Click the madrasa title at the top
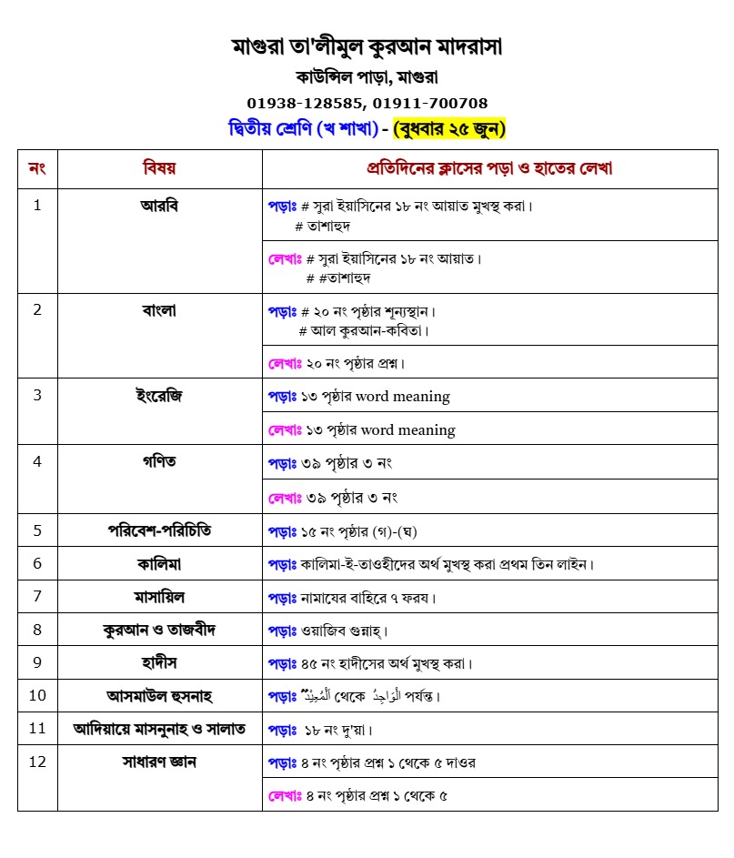367,46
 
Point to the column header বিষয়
159,168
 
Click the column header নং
37,168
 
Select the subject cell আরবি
159,206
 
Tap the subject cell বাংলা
159,310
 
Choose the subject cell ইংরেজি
159,396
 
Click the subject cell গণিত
159,462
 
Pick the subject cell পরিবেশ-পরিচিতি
159,530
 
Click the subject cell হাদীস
159,662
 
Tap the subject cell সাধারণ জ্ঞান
159,762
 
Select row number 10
37,696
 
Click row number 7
37,597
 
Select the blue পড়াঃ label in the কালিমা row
283,564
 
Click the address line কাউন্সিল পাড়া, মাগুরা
367,76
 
